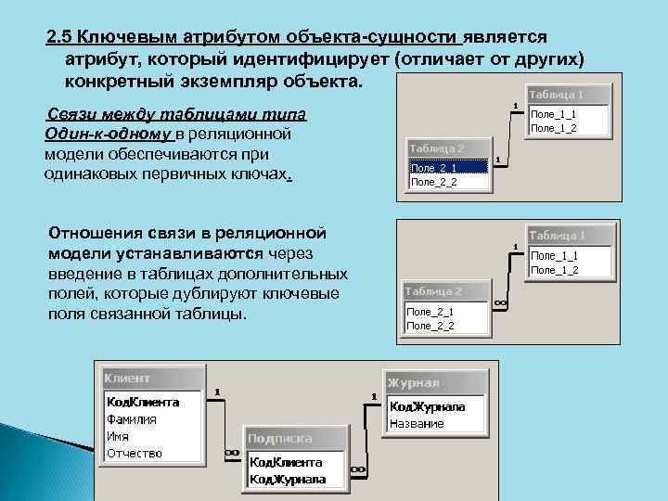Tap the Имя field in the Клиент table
pyautogui.click(x=118, y=436)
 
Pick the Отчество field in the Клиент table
pyautogui.click(x=135, y=453)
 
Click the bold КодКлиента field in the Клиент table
pyautogui.click(x=143, y=403)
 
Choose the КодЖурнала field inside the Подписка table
pyautogui.click(x=287, y=480)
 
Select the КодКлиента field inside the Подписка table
pyautogui.click(x=286, y=462)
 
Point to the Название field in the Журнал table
pyautogui.click(x=417, y=423)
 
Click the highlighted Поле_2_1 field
pyautogui.click(x=448, y=167)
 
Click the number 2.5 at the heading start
pyautogui.click(x=60, y=36)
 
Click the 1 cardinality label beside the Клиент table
pyautogui.click(x=217, y=392)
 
